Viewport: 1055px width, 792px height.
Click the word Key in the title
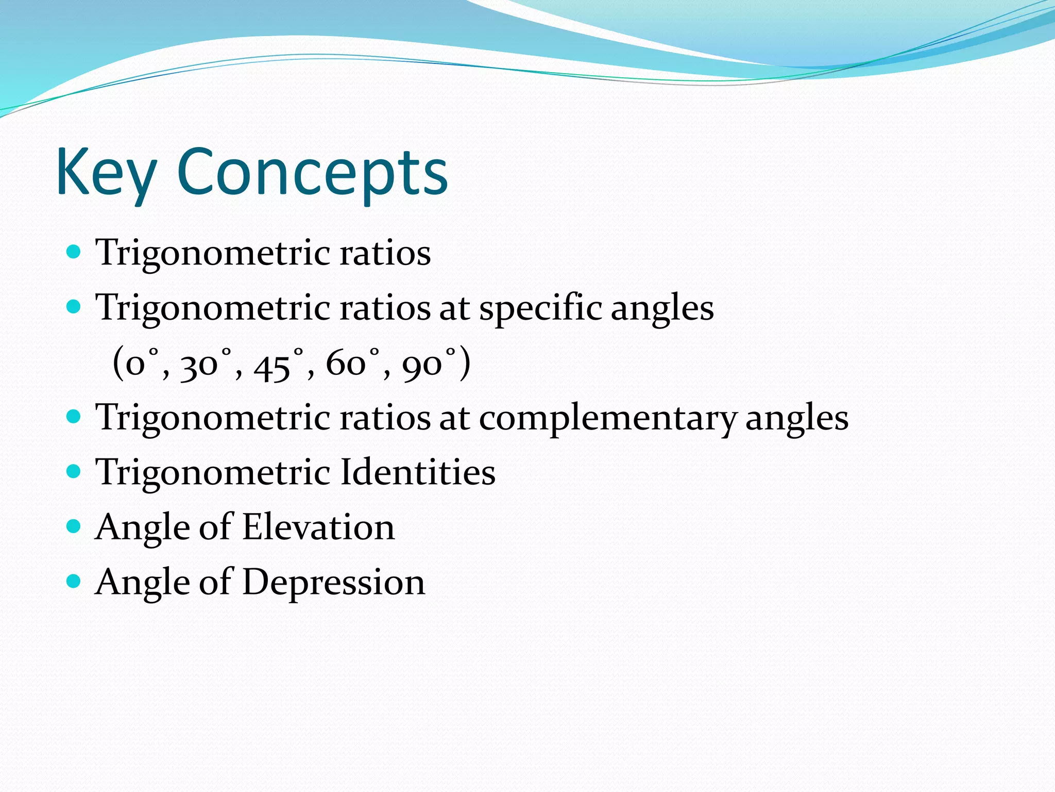(106, 173)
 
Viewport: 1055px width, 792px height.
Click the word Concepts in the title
(312, 173)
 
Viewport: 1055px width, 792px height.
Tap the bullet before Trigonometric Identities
(74, 471)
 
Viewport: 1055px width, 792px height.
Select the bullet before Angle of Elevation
(74, 526)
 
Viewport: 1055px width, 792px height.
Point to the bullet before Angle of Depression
(74, 581)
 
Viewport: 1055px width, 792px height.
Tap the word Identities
(418, 472)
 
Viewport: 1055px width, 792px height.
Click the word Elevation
(318, 527)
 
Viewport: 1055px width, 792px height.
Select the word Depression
(333, 583)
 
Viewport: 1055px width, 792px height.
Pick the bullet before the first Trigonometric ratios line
(74, 252)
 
